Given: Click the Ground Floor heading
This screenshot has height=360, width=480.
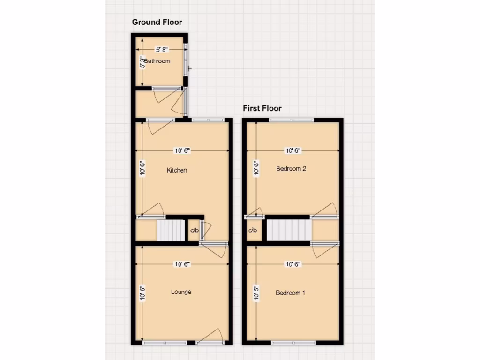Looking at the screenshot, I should point(157,22).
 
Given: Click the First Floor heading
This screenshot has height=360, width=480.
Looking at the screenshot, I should point(262,108).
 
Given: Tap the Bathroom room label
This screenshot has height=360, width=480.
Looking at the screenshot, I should point(157,61).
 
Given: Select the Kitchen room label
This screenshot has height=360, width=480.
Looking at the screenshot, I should point(177,170).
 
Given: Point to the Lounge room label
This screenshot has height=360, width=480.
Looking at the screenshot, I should point(181,292).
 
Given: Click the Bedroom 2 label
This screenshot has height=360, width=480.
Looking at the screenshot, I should point(291,169).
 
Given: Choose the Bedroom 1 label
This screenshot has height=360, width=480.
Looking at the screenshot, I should point(291,293).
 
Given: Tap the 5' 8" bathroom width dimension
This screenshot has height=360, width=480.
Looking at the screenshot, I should point(160,49).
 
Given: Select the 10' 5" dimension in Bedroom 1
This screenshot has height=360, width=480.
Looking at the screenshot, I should point(255,293).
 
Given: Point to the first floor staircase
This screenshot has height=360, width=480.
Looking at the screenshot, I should point(289,230).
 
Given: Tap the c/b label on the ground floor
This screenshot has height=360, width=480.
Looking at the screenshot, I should point(194,231).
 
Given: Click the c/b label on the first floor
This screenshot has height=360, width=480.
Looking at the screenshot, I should point(253,230).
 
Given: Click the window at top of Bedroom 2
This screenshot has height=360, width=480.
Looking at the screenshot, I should point(292,120).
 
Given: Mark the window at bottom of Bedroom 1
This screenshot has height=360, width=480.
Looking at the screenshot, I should point(293,343).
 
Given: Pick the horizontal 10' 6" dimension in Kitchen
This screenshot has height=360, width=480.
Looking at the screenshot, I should point(183,150).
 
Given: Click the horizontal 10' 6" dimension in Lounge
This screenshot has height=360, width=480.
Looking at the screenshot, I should point(183,264).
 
